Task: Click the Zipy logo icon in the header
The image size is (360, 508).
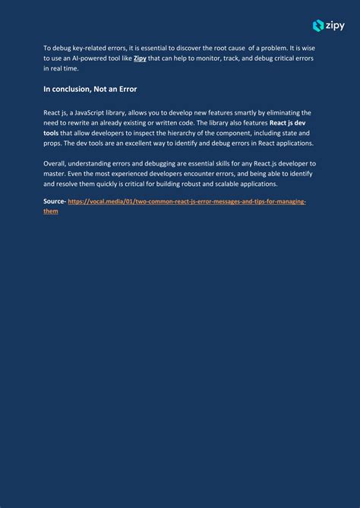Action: [318, 26]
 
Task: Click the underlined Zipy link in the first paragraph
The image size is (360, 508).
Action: [141, 58]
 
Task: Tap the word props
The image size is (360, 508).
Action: [52, 143]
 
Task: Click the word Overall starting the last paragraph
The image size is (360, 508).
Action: [55, 163]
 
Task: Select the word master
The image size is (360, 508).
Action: [55, 173]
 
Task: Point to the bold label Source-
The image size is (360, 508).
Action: [55, 201]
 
